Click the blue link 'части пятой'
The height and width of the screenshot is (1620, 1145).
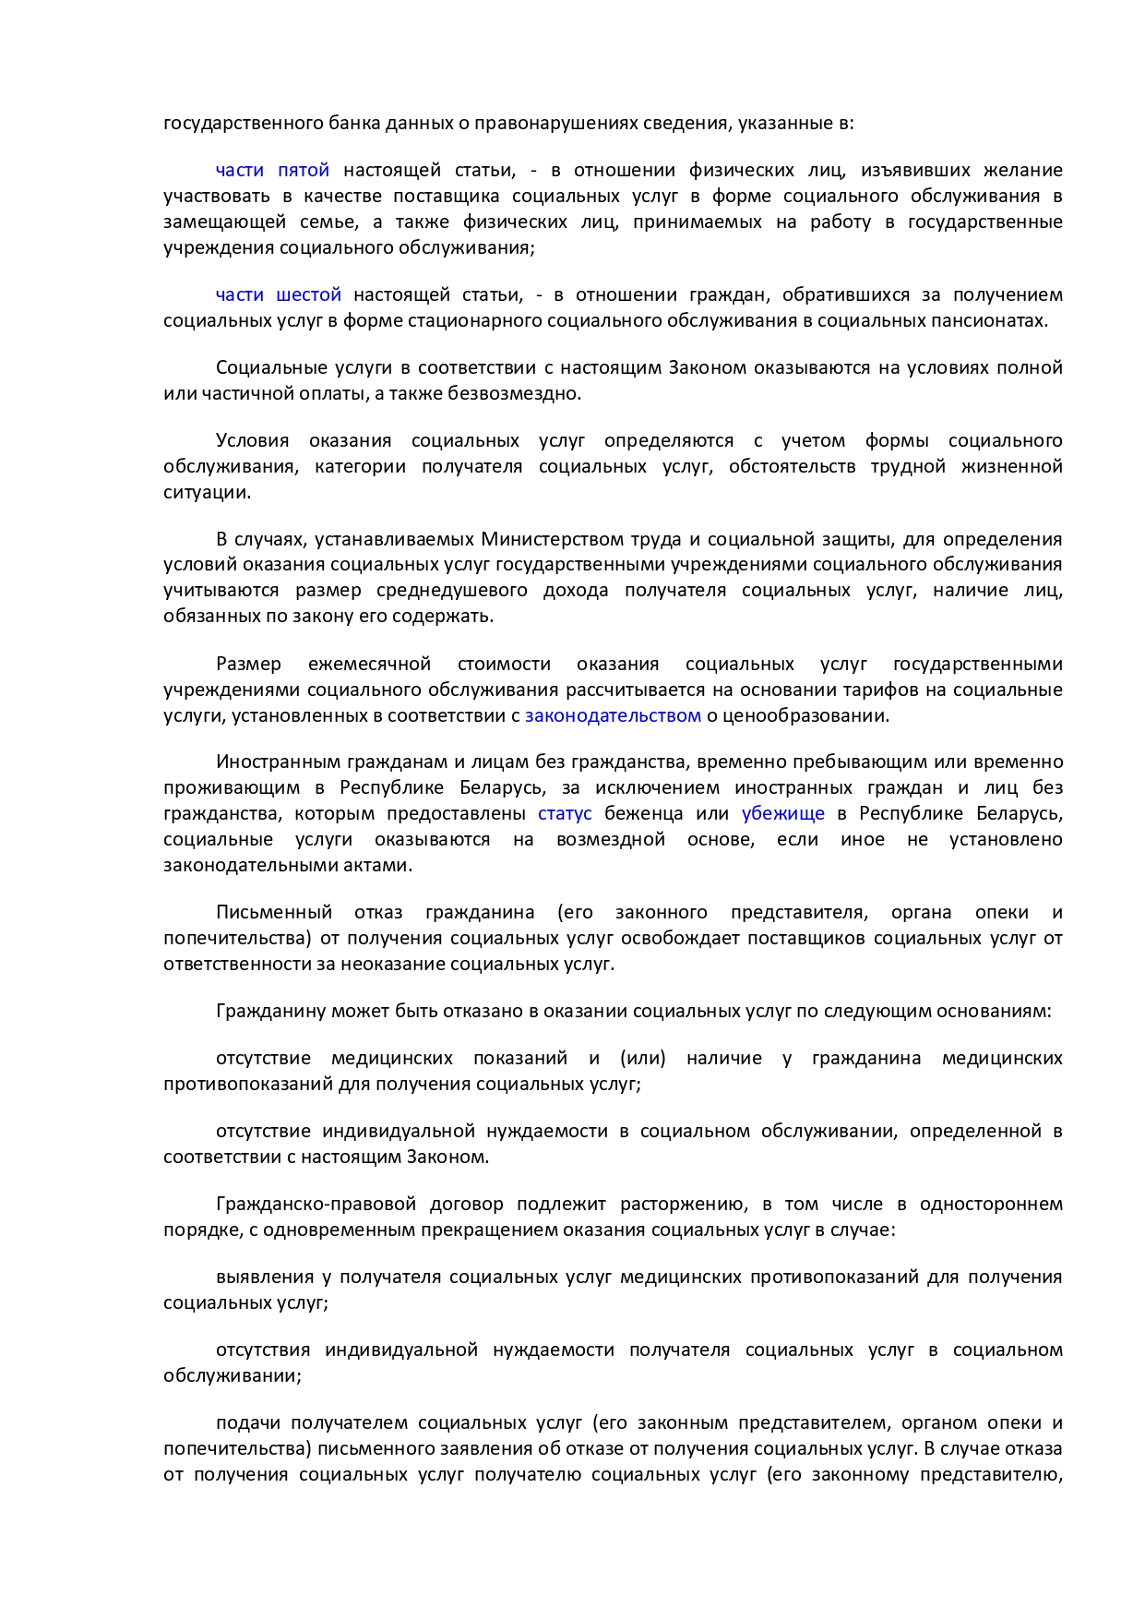click(x=272, y=171)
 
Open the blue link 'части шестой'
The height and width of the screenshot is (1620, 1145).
click(x=278, y=295)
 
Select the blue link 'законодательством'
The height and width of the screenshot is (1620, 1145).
click(x=613, y=715)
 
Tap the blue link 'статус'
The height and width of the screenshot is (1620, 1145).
click(x=565, y=813)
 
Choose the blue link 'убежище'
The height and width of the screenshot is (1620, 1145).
click(x=782, y=813)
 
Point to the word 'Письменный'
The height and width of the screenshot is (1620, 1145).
click(x=274, y=913)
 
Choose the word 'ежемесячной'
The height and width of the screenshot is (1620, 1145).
click(x=369, y=665)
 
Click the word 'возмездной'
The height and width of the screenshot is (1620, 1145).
click(x=611, y=840)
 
